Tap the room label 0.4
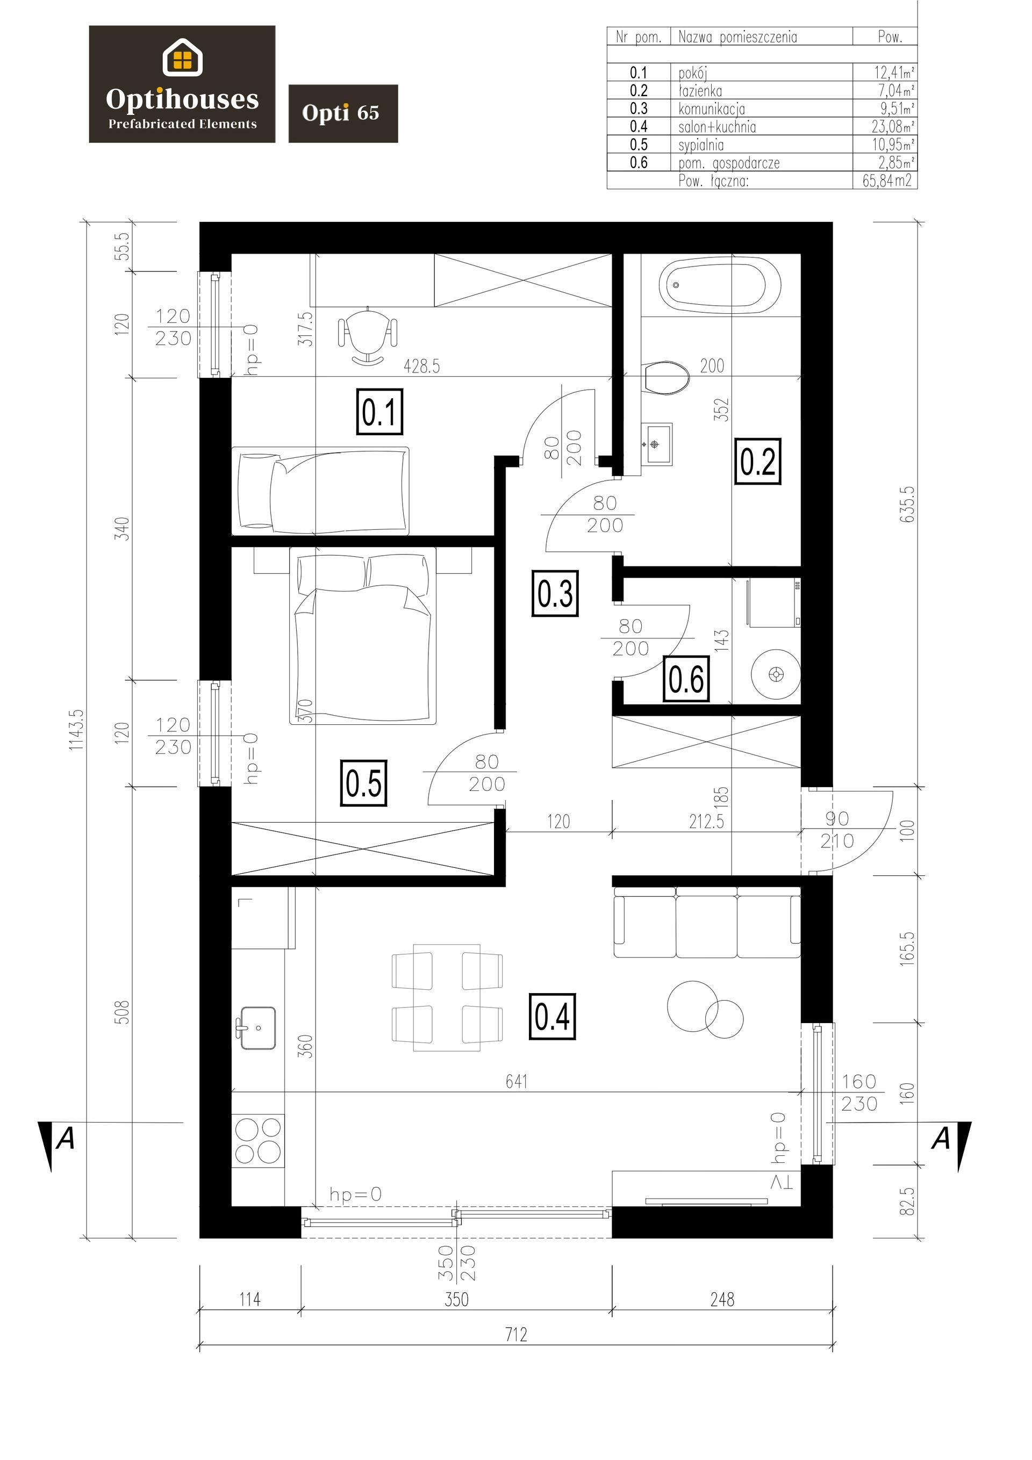tap(552, 1016)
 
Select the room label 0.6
tap(686, 679)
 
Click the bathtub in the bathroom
tap(720, 284)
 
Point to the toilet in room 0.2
tap(665, 378)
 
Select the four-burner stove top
tap(257, 1141)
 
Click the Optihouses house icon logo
tap(183, 57)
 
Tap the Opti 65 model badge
tap(343, 113)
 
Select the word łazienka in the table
tap(700, 91)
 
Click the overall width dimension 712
tap(516, 1334)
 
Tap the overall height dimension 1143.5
tap(76, 730)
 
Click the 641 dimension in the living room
tap(517, 1081)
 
